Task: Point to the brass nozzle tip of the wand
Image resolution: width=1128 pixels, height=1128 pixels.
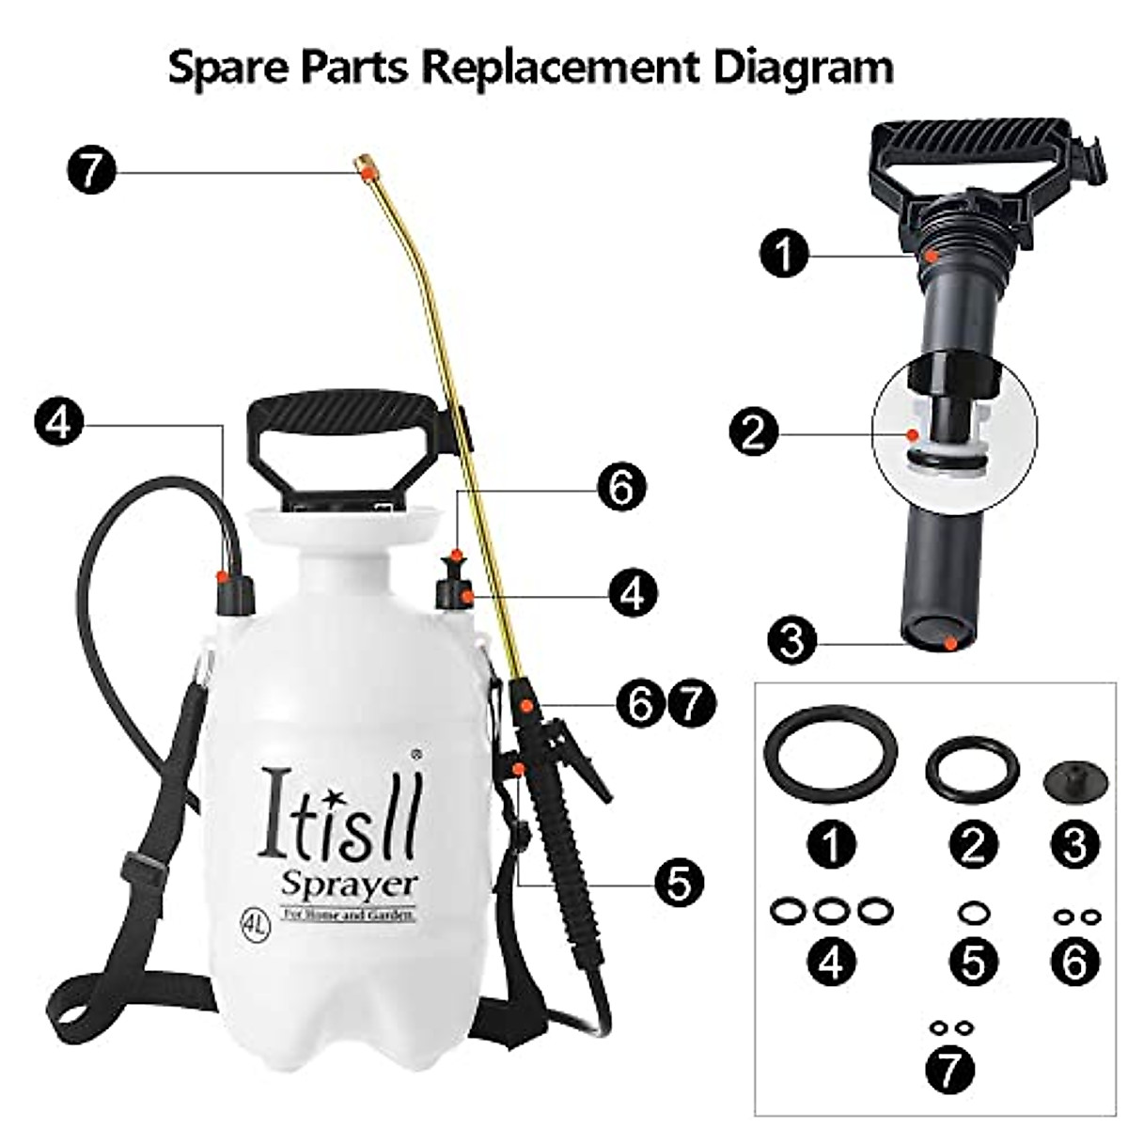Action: (x=365, y=166)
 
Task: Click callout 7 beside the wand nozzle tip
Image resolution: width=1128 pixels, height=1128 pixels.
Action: (x=90, y=173)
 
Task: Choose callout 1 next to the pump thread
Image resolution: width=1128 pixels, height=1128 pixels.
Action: (x=786, y=254)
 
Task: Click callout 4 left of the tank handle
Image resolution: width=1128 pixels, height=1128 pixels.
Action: (x=58, y=425)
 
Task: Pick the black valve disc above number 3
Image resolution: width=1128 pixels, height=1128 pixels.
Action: (x=1073, y=780)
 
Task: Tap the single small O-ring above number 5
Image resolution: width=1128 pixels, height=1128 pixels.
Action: (x=973, y=912)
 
